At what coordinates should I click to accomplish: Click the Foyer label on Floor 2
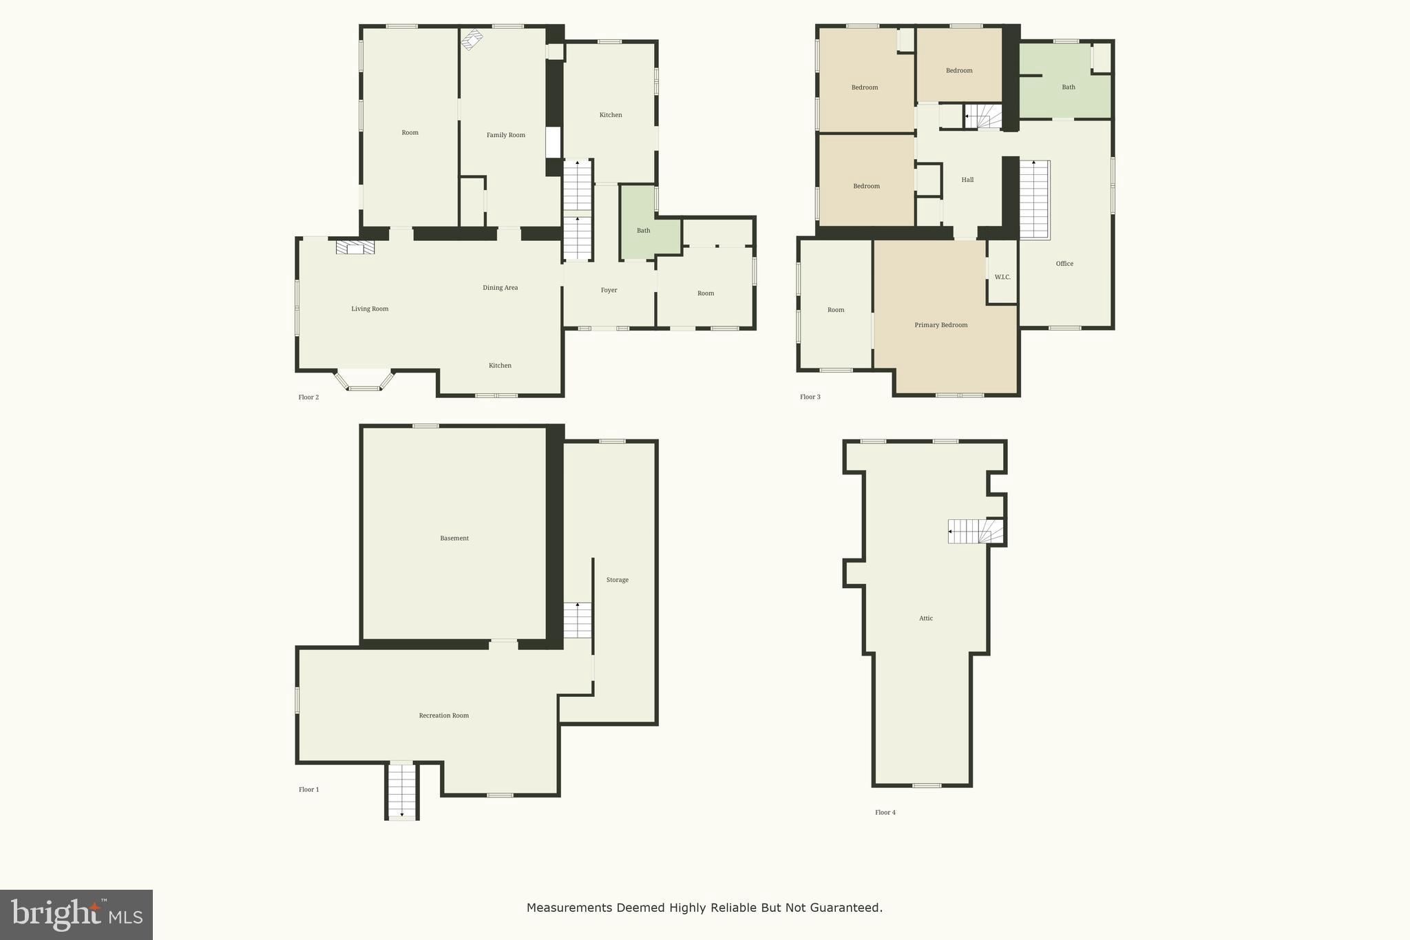pos(609,291)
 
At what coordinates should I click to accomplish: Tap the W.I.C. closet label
pos(1002,278)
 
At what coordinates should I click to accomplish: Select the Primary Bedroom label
pos(940,325)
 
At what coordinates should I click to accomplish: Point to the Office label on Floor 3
pos(1064,264)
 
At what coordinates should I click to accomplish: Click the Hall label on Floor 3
pos(967,180)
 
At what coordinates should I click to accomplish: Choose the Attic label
pos(926,618)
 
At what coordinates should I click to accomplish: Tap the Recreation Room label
pos(443,716)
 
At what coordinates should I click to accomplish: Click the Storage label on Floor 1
pos(617,580)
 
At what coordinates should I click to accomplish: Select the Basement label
pos(454,539)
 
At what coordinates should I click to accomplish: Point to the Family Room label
pos(506,135)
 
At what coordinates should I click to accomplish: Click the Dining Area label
pos(500,288)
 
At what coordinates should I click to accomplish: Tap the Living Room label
pos(370,309)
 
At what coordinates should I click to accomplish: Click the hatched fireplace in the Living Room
pos(355,247)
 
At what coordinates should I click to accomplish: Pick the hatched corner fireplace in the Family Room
pos(472,39)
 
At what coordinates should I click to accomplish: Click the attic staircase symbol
pos(975,532)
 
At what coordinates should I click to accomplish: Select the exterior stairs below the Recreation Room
pos(402,791)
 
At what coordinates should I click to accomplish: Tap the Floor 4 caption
pos(885,813)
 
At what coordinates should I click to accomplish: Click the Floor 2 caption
pos(308,397)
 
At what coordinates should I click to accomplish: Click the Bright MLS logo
pos(76,915)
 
